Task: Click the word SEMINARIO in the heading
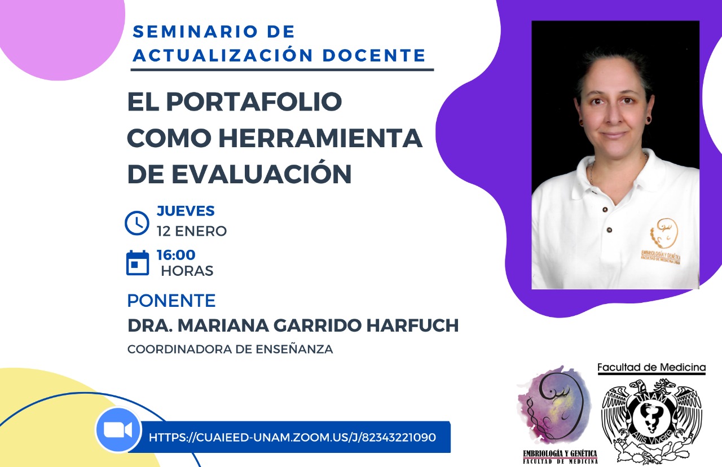tap(195, 32)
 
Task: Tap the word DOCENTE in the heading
tap(374, 55)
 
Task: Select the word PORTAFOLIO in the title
tap(254, 102)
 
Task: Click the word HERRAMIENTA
tap(320, 138)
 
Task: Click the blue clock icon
tap(137, 223)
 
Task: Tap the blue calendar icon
tap(138, 263)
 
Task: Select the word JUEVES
tap(186, 211)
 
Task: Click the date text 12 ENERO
tap(192, 231)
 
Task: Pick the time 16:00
tap(176, 255)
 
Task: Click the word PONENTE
tap(171, 301)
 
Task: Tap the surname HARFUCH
tap(412, 325)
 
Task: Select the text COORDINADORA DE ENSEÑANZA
tap(230, 349)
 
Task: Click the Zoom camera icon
tap(118, 430)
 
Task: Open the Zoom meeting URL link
tap(292, 437)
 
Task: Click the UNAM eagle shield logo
tap(651, 421)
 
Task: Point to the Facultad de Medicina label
tap(651, 367)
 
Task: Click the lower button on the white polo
tap(610, 230)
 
